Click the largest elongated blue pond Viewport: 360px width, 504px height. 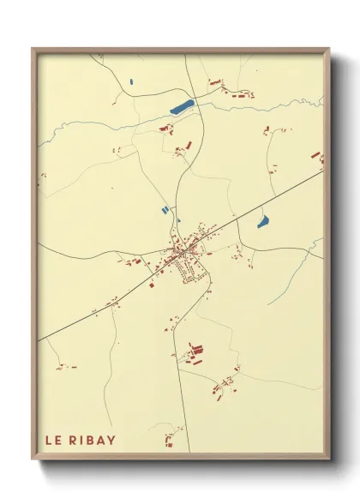click(182, 107)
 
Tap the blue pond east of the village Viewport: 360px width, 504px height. click(263, 222)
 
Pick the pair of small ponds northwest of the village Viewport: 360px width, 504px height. click(165, 209)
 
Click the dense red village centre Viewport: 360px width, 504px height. click(187, 250)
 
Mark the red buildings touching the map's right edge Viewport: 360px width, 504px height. click(315, 159)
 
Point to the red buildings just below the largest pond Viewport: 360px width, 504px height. click(167, 129)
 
